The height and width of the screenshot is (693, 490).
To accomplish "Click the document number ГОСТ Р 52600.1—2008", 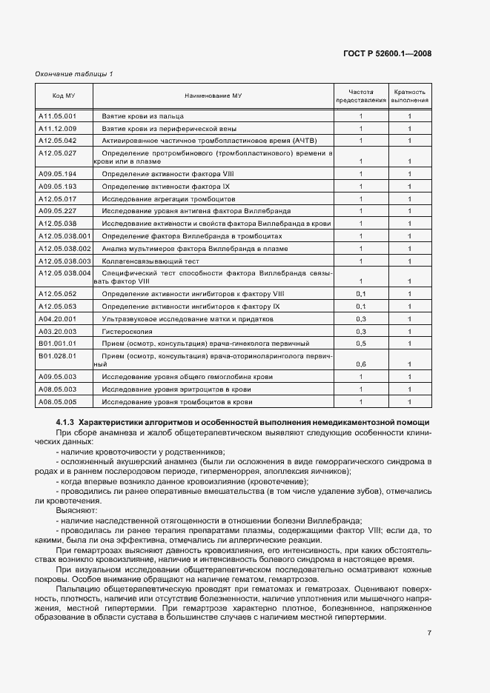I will (x=397, y=53).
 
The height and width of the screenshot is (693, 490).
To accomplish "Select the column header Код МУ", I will (x=63, y=96).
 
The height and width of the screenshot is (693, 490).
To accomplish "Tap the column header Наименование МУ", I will (x=213, y=96).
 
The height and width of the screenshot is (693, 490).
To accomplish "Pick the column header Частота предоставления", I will (x=361, y=96).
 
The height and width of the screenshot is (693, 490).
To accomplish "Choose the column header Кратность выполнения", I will (x=409, y=96).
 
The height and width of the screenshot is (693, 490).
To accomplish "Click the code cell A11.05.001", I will (x=57, y=116).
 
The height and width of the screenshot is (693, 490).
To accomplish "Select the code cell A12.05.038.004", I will (x=64, y=273).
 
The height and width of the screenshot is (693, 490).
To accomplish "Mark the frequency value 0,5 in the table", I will (x=361, y=344).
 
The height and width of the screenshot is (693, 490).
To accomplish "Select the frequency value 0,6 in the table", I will (x=361, y=364).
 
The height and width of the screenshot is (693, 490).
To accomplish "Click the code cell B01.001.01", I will (x=57, y=344).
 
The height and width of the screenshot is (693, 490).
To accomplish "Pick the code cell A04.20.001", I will (x=57, y=318).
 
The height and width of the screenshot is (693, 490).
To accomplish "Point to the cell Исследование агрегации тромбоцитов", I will (x=168, y=199).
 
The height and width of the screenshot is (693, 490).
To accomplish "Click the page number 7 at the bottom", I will (x=429, y=632).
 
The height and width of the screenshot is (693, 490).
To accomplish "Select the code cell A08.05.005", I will (x=57, y=401).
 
